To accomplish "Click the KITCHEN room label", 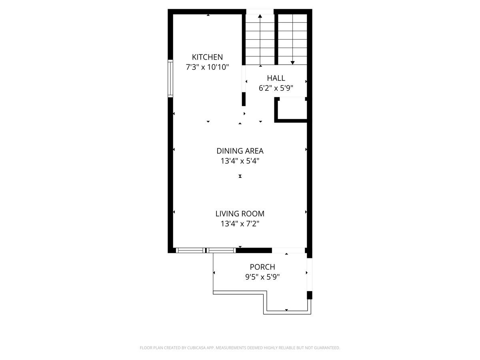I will pos(207,57).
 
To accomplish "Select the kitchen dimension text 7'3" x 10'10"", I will pos(207,67).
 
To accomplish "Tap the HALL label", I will pos(276,78).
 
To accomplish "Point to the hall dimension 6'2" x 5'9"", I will pos(276,88).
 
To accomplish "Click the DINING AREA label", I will pos(240,151).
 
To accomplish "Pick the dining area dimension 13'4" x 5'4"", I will pos(240,161).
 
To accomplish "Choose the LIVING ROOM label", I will pos(240,214).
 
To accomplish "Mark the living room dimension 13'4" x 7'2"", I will pos(240,224).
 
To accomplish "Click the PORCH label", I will pos(262,267).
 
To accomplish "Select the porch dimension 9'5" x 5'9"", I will pos(262,277).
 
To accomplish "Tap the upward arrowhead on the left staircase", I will pos(260,16).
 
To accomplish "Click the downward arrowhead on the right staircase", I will pos(293,62).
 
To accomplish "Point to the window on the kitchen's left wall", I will pos(170,78).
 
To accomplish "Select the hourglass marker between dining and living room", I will pos(240,176).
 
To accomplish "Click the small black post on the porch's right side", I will pos(309,295).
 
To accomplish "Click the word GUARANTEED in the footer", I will pos(326,348).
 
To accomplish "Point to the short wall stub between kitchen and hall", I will pos(244,99).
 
